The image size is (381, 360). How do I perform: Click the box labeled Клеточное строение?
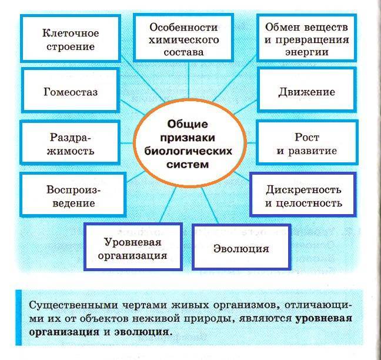point(71,38)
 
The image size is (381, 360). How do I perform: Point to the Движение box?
point(306,92)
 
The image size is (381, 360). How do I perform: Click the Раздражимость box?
point(71,144)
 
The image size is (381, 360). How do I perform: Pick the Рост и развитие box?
point(306,144)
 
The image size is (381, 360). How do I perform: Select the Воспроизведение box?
point(71,196)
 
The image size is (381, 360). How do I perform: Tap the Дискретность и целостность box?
point(303,196)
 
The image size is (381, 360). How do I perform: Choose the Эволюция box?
point(241,248)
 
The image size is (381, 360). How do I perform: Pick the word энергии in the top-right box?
point(306,52)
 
